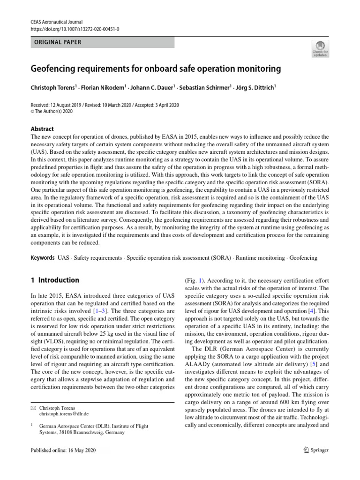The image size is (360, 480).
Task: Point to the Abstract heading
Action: [42, 129]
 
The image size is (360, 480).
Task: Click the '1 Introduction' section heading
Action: [55, 280]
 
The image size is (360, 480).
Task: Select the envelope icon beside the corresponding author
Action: [32, 408]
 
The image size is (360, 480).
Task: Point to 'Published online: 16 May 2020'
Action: [62, 450]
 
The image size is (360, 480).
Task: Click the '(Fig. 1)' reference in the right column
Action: [195, 280]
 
